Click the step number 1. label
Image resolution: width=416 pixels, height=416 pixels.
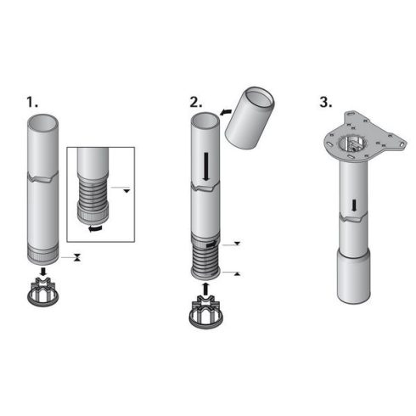click(x=31, y=102)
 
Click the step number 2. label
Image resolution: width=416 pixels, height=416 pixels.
click(x=196, y=102)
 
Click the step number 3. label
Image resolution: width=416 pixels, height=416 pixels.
click(x=326, y=102)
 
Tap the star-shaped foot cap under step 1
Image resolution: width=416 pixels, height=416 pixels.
click(x=43, y=292)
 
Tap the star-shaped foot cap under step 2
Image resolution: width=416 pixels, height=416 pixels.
click(x=205, y=312)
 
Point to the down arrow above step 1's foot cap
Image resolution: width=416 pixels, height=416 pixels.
click(x=43, y=271)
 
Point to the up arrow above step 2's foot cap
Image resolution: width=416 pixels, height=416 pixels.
click(x=205, y=289)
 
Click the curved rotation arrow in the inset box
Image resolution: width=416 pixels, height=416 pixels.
click(x=95, y=228)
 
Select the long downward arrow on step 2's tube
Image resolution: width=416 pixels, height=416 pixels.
click(x=206, y=166)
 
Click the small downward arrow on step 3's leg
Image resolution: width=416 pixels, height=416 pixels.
click(x=354, y=205)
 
